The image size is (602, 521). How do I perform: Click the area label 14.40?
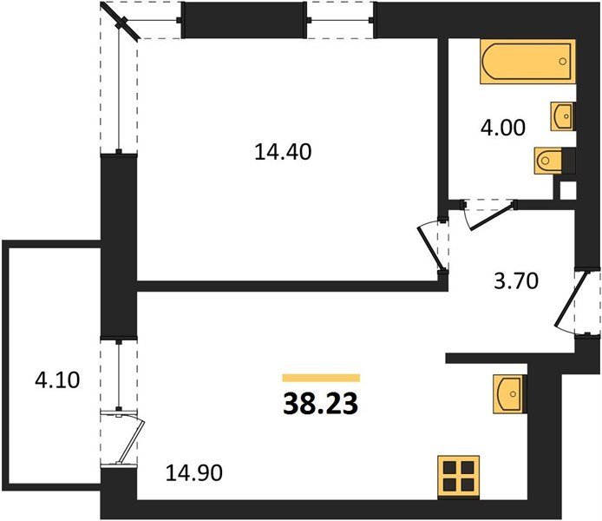click(283, 152)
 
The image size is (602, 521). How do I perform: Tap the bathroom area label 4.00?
click(502, 128)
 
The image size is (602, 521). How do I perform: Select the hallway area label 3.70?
click(516, 280)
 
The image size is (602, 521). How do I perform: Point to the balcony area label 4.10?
click(57, 380)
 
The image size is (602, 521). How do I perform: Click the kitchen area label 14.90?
click(194, 473)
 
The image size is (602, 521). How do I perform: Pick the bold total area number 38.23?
click(321, 405)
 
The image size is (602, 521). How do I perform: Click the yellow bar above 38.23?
click(321, 378)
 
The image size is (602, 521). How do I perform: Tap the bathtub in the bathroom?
click(528, 62)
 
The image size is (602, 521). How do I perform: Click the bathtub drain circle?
click(563, 62)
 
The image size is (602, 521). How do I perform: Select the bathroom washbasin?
click(562, 116)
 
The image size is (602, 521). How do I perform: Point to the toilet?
click(549, 161)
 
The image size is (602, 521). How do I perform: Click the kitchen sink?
click(509, 394)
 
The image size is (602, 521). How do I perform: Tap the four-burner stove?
click(458, 477)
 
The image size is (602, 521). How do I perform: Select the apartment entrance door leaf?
click(571, 300)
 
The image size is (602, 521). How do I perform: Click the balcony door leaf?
click(130, 442)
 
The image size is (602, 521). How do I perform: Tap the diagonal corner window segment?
click(121, 21)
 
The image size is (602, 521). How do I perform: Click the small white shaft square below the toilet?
click(568, 190)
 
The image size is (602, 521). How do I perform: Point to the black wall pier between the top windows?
click(244, 20)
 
